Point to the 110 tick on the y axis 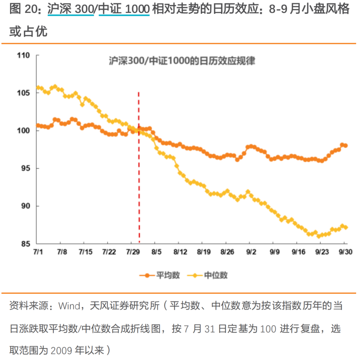(23, 56)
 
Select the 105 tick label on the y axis (23, 93)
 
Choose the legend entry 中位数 (207, 275)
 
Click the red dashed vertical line (139, 167)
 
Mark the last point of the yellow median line (346, 227)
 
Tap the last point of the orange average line (346, 145)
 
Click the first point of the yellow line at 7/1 (38, 88)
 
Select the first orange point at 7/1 (38, 125)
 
